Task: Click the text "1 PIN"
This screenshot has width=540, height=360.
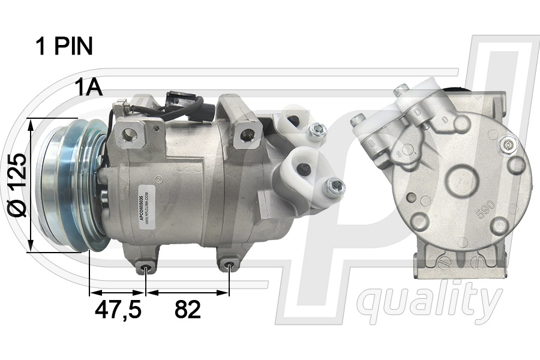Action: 64,46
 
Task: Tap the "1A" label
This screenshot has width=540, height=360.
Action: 89,88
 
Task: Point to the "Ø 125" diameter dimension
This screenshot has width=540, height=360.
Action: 19,185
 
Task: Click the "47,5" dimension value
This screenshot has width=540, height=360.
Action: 118,310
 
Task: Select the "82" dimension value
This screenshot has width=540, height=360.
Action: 188,310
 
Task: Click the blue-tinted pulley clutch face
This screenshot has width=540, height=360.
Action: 60,183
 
